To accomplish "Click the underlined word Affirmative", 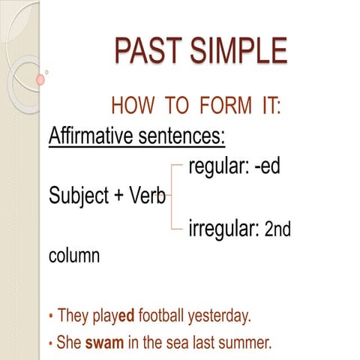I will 93,137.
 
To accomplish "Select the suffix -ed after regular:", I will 267,166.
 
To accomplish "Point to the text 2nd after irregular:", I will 278,229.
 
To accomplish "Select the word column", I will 73,256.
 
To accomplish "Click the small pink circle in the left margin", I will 40,79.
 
